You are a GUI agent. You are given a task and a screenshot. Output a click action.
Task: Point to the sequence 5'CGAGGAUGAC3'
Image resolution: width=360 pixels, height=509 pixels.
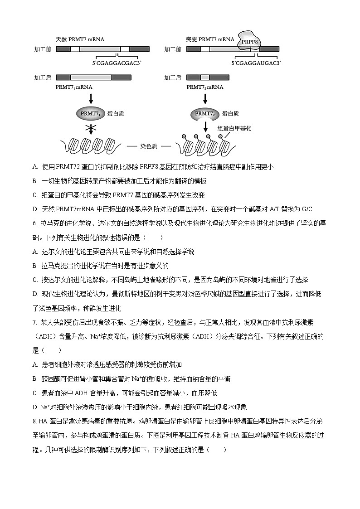coord(256,63)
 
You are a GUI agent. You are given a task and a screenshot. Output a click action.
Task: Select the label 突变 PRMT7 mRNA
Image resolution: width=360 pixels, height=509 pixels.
coord(210,39)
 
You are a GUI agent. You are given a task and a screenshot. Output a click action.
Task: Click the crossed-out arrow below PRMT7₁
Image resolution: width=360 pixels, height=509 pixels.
coord(92,129)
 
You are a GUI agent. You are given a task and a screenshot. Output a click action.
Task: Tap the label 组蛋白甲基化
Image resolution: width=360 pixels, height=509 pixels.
coord(234,128)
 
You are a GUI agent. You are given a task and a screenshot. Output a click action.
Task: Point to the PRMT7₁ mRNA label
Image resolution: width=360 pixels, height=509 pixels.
coord(74,86)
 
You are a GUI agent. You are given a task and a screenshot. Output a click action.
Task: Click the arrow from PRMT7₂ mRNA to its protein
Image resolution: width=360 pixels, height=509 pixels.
coord(205,98)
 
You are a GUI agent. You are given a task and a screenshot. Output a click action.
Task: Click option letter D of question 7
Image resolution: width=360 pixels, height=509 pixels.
coord(35,407)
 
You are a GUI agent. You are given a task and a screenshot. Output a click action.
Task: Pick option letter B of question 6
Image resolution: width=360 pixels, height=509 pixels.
coord(35,266)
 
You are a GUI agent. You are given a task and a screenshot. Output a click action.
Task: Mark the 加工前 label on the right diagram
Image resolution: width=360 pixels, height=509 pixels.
coord(173,49)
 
